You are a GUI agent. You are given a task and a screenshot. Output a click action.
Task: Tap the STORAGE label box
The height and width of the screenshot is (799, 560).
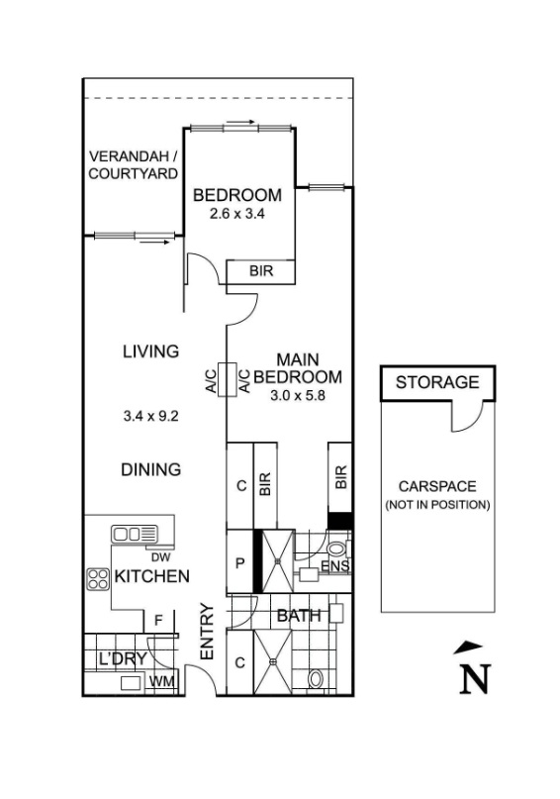[x=437, y=382]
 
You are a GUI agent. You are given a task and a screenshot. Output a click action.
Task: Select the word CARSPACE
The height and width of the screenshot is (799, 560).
[x=437, y=486]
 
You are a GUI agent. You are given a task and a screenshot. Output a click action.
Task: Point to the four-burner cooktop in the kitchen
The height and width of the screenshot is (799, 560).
[x=98, y=577]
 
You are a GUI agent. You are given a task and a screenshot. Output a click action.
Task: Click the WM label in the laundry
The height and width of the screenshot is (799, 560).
[x=158, y=682]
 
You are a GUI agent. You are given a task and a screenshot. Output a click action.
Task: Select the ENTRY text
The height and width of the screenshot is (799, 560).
[x=208, y=633]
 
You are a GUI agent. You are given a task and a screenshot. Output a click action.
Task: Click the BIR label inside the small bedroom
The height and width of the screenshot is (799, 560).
[x=260, y=271]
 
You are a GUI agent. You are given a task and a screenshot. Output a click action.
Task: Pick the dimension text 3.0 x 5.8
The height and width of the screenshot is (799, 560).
[x=298, y=395]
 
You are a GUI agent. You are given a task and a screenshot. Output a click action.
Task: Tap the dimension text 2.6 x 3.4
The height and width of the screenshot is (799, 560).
[x=237, y=213]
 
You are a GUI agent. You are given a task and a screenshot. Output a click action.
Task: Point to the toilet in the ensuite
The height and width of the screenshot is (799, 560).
[x=336, y=549]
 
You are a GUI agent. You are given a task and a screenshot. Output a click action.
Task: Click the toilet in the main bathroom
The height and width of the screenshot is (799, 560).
[x=316, y=680]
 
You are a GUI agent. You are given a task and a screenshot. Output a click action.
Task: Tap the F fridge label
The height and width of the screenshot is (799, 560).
[x=157, y=622]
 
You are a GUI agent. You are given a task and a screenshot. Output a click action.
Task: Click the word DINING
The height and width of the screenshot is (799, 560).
[x=150, y=469]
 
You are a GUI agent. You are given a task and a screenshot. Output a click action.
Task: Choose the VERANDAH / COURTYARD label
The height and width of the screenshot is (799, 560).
[x=134, y=165]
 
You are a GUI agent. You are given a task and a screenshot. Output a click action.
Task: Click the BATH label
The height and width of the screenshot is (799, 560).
[x=299, y=616]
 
